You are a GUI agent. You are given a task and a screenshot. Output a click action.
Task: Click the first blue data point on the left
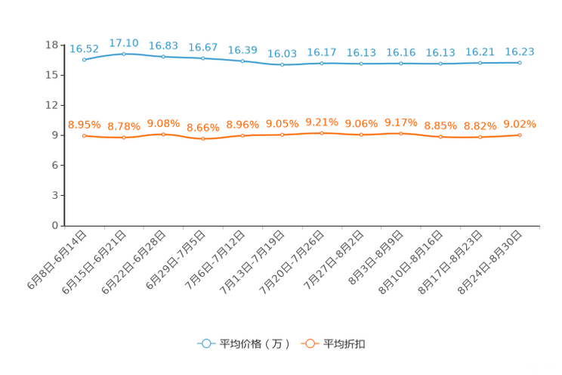click(84, 59)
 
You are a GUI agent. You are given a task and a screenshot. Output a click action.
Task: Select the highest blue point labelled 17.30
click(124, 54)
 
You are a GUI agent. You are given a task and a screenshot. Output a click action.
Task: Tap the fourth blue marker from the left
click(203, 58)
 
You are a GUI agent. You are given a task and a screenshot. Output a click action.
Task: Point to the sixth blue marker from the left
click(282, 65)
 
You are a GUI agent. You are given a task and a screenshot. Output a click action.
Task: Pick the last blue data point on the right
click(520, 63)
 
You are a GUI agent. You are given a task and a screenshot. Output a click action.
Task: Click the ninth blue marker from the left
click(400, 64)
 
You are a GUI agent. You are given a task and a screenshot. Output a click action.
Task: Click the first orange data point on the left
click(84, 135)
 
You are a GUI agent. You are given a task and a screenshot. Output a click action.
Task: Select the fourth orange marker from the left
click(203, 139)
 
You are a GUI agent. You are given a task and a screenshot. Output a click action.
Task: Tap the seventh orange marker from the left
click(322, 133)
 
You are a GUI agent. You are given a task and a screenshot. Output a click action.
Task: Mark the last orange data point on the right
click(520, 135)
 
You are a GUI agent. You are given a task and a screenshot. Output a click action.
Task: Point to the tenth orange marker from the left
click(440, 137)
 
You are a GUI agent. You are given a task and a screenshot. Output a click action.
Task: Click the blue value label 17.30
click(123, 42)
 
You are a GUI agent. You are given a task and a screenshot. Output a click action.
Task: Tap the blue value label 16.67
click(202, 47)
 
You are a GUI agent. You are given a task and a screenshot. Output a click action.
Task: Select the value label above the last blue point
click(519, 51)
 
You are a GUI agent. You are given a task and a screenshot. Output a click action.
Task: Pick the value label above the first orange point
click(84, 125)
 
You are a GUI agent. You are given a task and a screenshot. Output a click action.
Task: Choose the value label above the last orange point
click(519, 124)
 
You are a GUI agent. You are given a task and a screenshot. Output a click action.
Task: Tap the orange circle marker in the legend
click(309, 343)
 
